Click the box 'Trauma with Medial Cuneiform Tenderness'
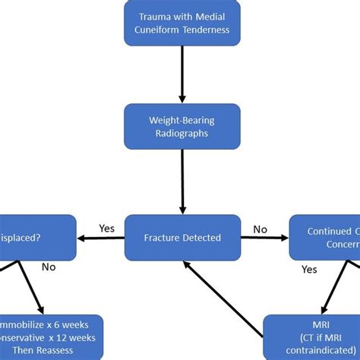(x=183, y=24)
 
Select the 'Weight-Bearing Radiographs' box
(x=182, y=126)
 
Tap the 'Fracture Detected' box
(x=182, y=238)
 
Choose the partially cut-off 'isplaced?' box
(x=38, y=238)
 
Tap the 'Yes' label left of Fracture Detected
(x=107, y=228)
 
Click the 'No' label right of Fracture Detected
(x=260, y=228)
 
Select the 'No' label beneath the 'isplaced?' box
(x=49, y=267)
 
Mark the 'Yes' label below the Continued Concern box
(x=309, y=269)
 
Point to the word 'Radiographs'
(x=182, y=133)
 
